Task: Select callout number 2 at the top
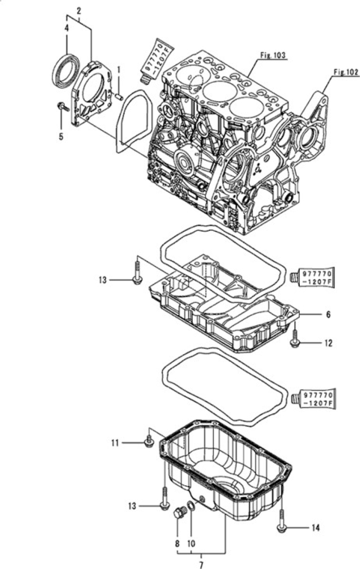pyautogui.click(x=79, y=10)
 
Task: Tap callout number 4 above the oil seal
pyautogui.click(x=66, y=29)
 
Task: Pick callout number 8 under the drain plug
pyautogui.click(x=176, y=543)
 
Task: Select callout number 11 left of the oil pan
pyautogui.click(x=116, y=442)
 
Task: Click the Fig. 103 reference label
pyautogui.click(x=272, y=53)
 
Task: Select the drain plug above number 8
pyautogui.click(x=178, y=512)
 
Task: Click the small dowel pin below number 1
pyautogui.click(x=118, y=95)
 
